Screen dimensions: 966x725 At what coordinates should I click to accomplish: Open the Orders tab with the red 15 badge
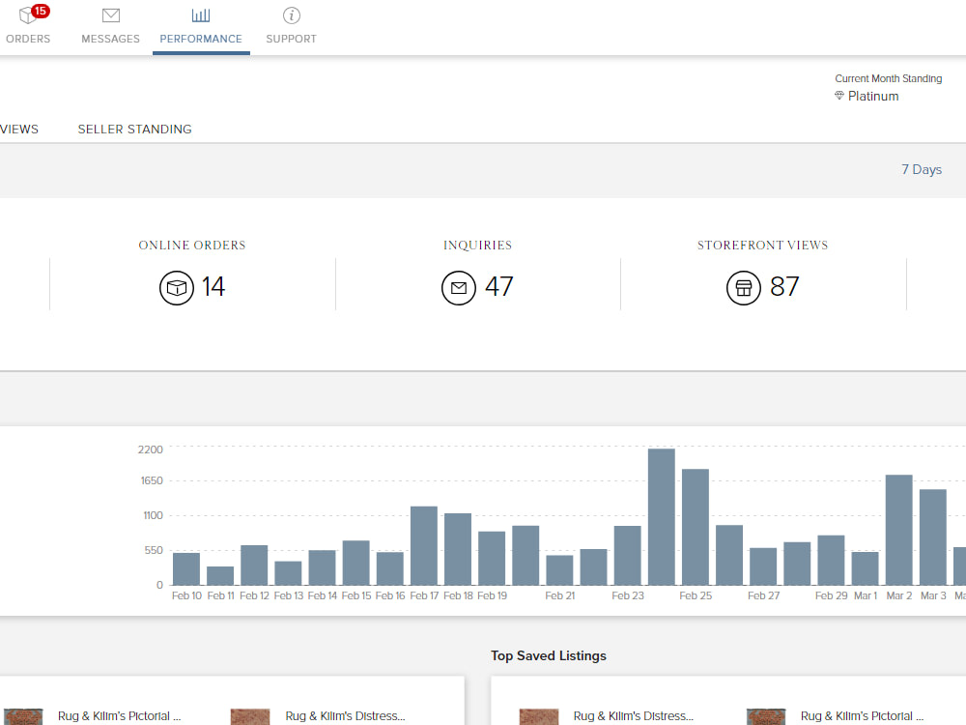tap(28, 25)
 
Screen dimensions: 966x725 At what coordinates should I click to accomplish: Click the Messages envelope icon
tap(111, 15)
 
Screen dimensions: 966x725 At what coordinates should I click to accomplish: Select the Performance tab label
tap(201, 39)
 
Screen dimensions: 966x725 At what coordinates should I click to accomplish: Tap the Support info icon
tap(292, 15)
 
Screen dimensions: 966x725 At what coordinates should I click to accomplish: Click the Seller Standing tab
tap(135, 130)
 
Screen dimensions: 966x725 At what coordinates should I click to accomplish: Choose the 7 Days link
tap(922, 169)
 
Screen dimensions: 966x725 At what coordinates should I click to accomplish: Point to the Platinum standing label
tap(873, 96)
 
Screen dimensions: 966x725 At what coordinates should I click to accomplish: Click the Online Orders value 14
tap(213, 287)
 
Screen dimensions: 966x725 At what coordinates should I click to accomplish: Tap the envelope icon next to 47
tap(459, 288)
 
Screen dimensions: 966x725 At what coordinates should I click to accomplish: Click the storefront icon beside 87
tap(744, 288)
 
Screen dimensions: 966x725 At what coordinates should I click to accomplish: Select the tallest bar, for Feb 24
tap(662, 516)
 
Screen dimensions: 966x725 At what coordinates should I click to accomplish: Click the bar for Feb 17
tap(424, 545)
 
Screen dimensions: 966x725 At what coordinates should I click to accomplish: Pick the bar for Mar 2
tap(898, 530)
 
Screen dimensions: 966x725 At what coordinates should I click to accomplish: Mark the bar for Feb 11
tap(220, 576)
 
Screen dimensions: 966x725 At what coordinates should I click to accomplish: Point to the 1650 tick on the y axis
tap(152, 480)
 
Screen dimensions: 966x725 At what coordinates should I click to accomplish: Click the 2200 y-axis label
tap(151, 449)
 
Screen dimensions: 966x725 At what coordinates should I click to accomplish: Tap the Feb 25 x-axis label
tap(696, 595)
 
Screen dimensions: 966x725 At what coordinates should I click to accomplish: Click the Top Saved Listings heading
tap(549, 656)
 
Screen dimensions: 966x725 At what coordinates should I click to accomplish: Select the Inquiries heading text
tap(477, 246)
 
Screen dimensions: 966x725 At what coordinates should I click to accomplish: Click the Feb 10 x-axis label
tap(186, 595)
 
